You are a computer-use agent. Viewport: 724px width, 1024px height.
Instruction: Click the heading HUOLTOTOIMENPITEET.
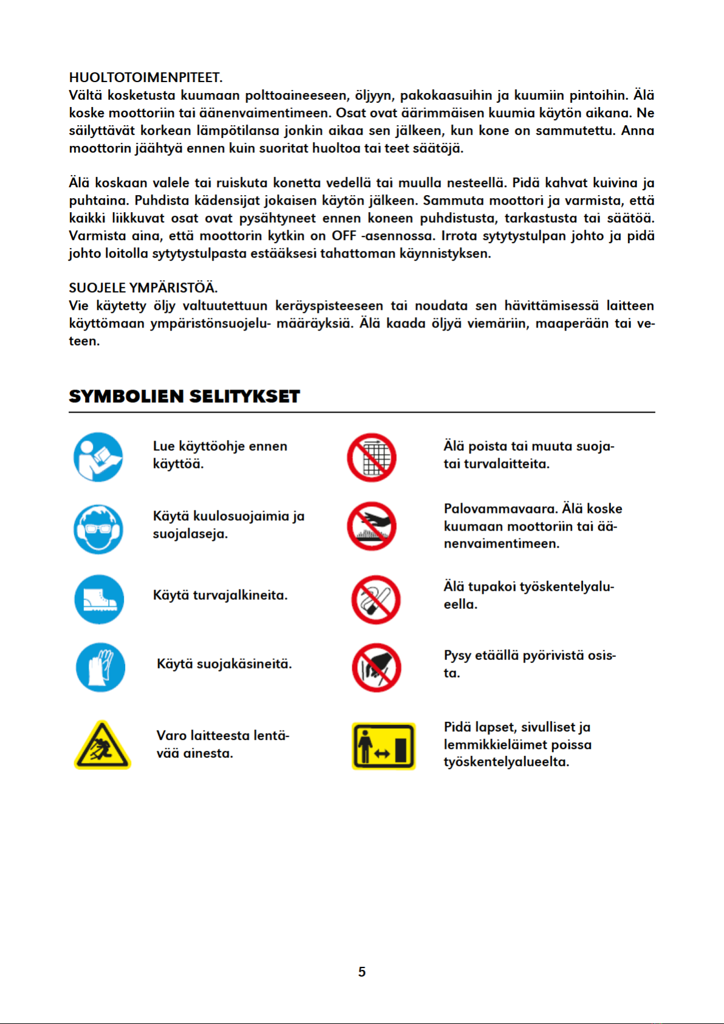point(146,78)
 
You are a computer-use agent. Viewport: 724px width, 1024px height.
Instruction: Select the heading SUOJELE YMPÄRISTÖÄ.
point(143,288)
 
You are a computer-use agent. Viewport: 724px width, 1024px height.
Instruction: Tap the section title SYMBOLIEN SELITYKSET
point(184,396)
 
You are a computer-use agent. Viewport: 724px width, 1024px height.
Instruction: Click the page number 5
point(362,972)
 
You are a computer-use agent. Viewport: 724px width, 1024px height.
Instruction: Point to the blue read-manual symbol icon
point(98,457)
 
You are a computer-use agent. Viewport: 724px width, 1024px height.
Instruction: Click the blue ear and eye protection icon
point(98,529)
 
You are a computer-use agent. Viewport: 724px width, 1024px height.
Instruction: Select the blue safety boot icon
point(99,599)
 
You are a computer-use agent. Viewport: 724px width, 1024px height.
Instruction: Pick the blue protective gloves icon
point(101,667)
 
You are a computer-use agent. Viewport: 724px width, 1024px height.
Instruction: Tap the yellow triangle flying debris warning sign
point(102,746)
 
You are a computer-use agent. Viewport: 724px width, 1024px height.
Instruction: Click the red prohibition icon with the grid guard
point(372,458)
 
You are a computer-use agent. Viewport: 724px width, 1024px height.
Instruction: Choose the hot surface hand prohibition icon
point(372,526)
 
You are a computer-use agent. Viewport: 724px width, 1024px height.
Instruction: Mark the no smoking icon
point(376,600)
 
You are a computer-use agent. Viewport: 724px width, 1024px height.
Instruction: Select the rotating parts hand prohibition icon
point(377,668)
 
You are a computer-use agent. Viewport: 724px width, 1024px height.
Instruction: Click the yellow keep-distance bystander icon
point(384,746)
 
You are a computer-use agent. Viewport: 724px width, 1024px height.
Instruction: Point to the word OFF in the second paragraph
point(344,236)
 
